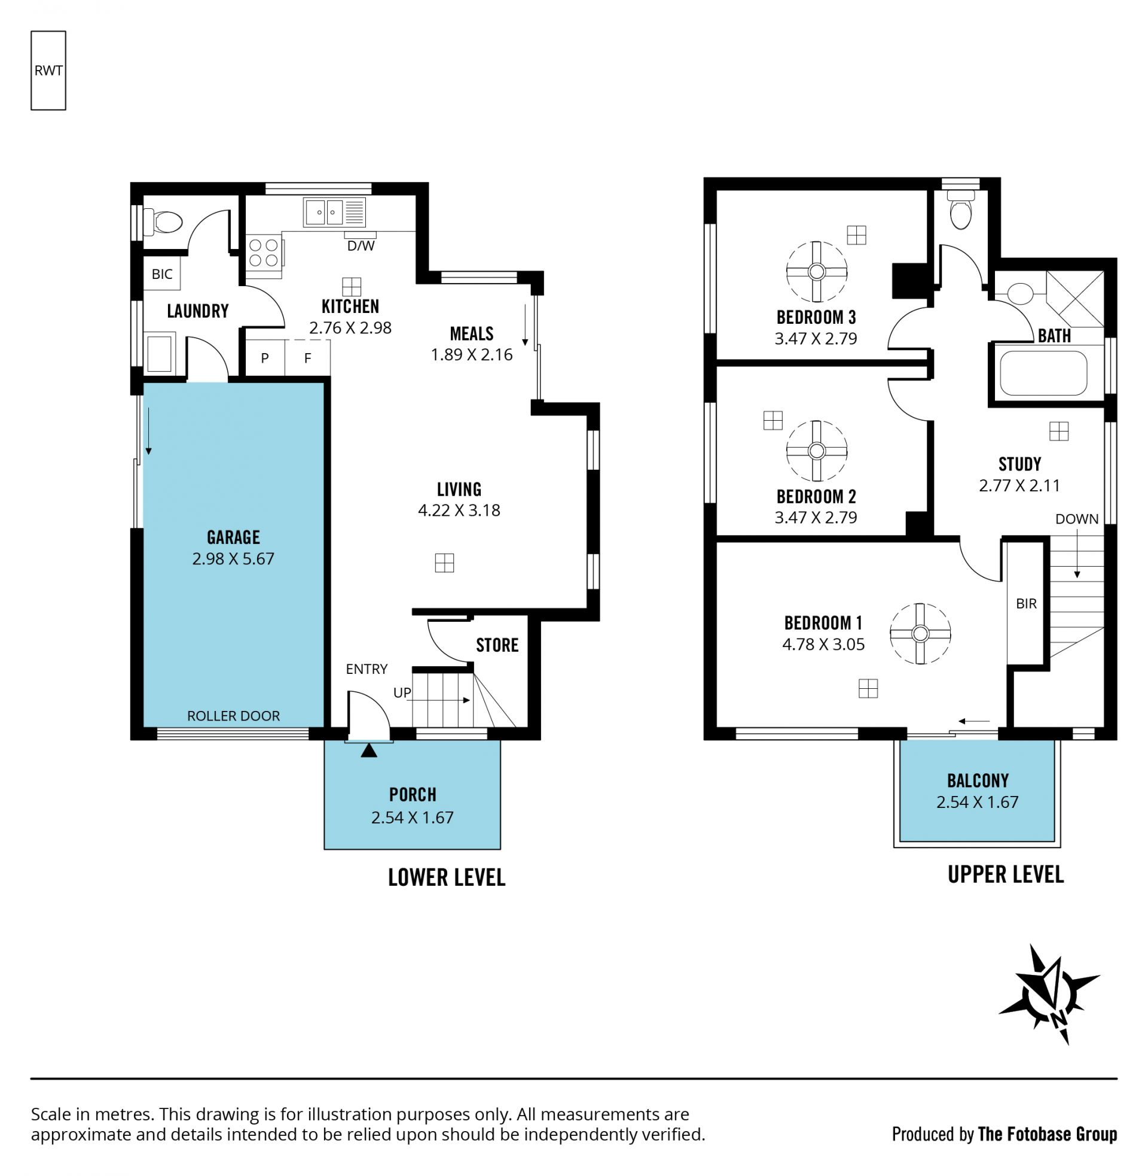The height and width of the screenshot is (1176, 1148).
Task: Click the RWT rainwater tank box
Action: click(x=48, y=71)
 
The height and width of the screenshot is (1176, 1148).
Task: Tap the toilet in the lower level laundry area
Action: click(x=163, y=222)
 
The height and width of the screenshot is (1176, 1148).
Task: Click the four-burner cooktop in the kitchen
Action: click(x=264, y=253)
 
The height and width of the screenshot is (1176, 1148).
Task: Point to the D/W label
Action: click(x=361, y=245)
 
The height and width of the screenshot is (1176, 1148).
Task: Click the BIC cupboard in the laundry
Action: click(x=161, y=274)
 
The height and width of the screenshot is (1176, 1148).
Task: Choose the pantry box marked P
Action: click(x=265, y=358)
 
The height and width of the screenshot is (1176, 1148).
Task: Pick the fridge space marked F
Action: click(x=307, y=358)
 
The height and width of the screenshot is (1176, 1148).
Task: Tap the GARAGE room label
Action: click(x=233, y=537)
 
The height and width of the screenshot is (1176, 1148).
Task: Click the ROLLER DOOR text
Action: click(x=233, y=716)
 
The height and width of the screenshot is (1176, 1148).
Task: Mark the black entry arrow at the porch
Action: click(x=369, y=750)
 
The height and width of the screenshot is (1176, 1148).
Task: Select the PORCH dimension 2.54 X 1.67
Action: click(x=413, y=818)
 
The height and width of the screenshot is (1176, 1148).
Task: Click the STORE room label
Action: click(x=497, y=645)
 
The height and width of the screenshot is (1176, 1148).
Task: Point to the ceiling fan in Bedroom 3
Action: click(x=816, y=272)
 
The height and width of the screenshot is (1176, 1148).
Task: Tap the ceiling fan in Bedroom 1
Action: click(x=920, y=634)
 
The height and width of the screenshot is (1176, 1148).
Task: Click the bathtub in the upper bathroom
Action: click(x=1043, y=373)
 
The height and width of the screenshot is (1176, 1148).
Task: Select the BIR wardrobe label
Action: click(x=1026, y=603)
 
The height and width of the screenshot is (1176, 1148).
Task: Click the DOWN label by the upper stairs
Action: click(x=1077, y=519)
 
